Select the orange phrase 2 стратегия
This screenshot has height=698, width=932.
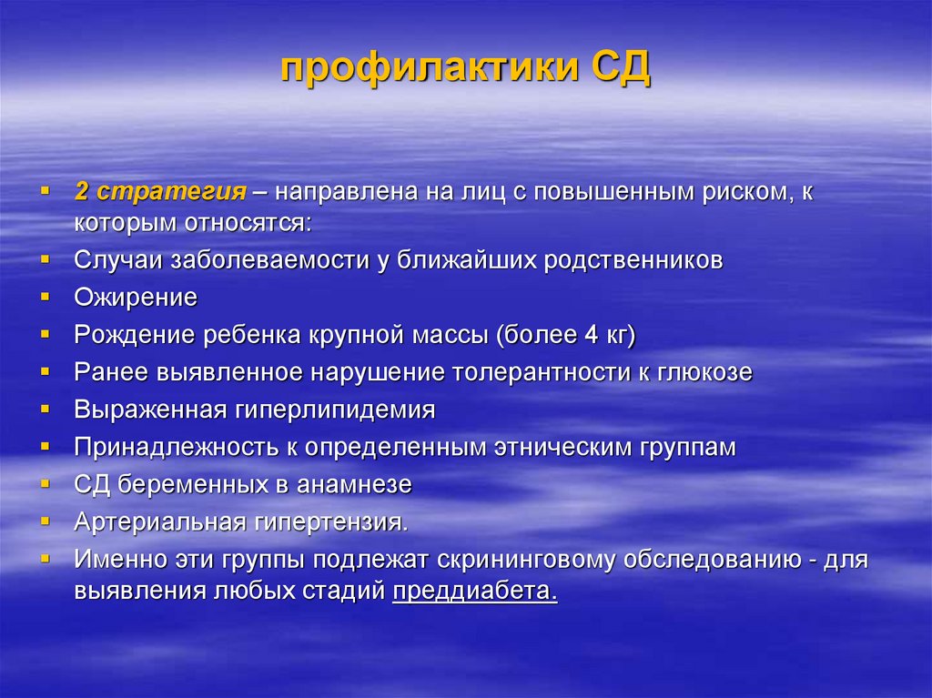pos(160,193)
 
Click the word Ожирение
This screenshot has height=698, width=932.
pos(136,298)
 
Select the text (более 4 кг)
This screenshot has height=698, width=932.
pos(565,335)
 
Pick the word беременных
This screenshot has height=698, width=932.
pos(194,485)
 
